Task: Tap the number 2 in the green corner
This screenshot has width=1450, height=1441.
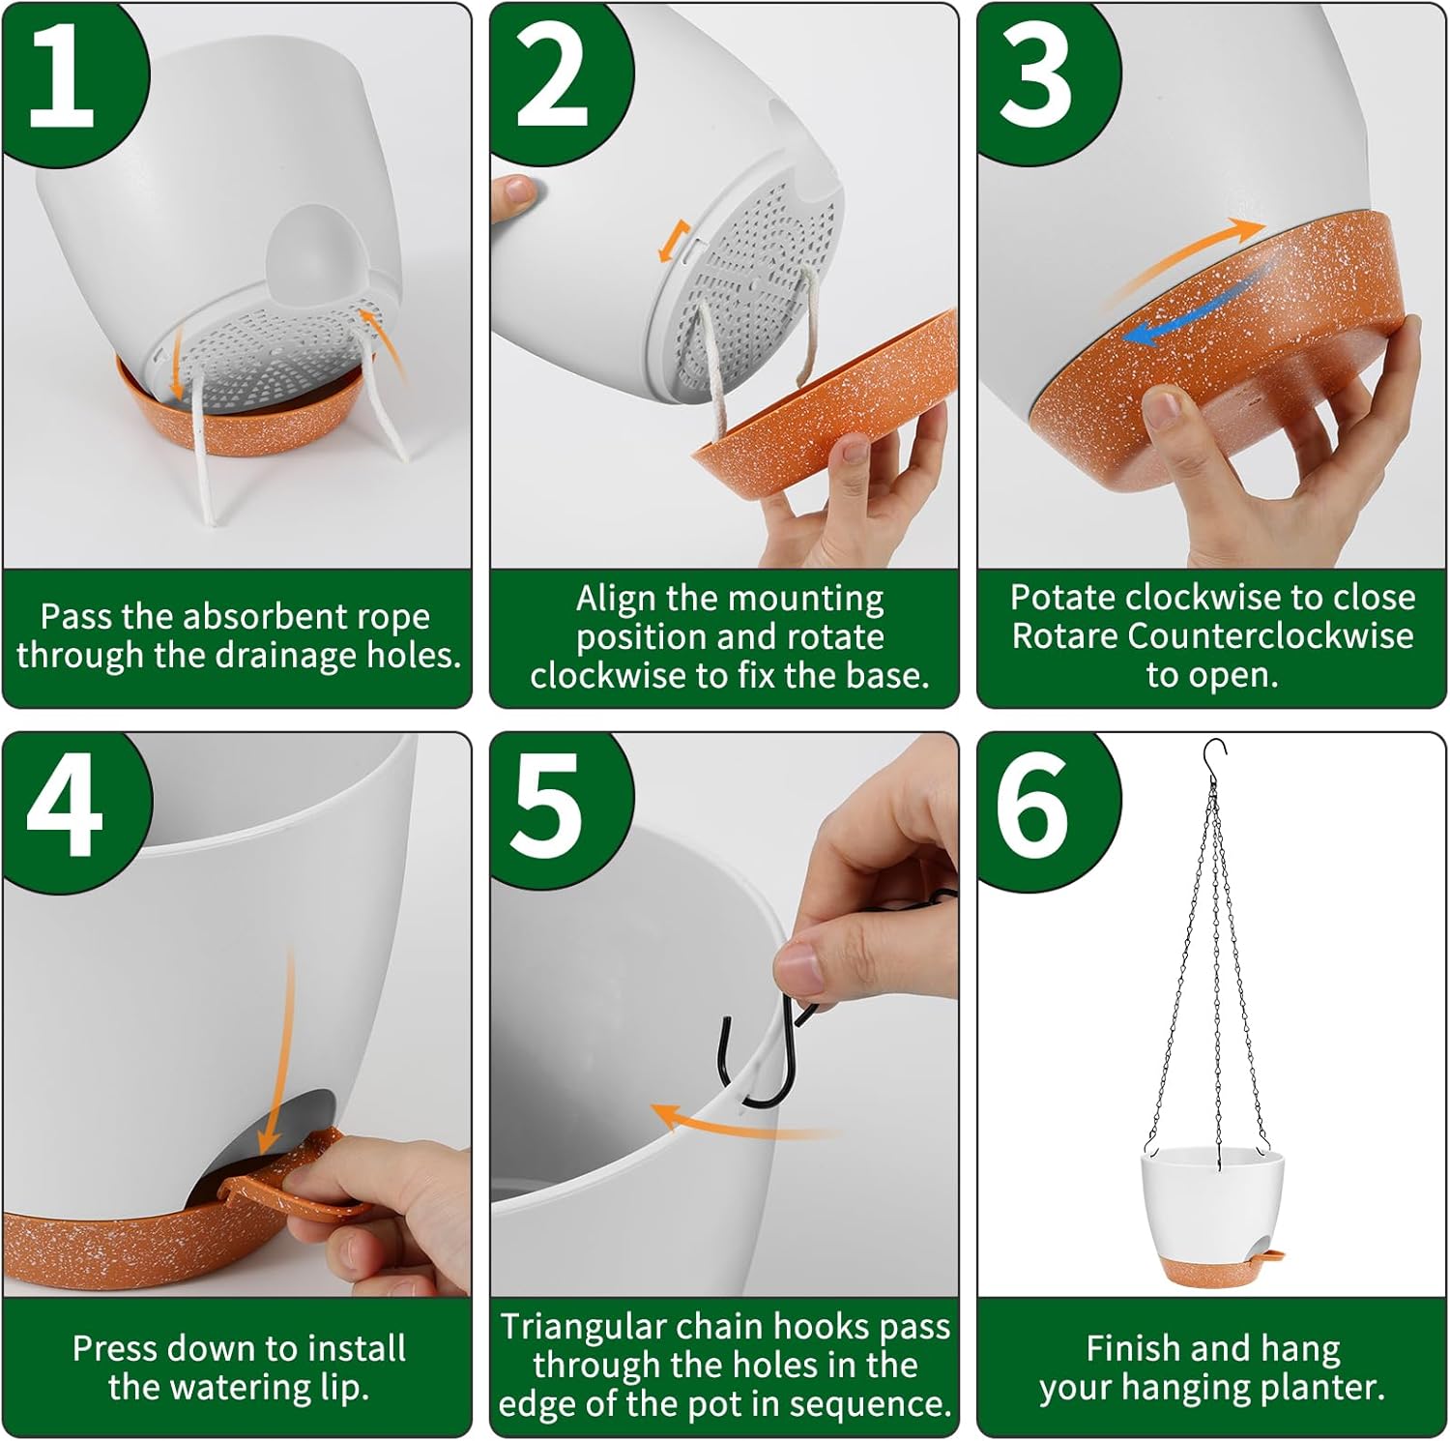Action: click(x=552, y=75)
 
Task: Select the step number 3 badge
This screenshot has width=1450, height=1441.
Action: click(x=1036, y=75)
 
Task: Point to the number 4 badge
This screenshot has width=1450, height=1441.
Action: click(x=64, y=805)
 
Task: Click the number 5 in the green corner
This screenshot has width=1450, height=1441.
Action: click(x=547, y=805)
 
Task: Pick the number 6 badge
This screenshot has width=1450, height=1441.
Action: click(x=1032, y=805)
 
